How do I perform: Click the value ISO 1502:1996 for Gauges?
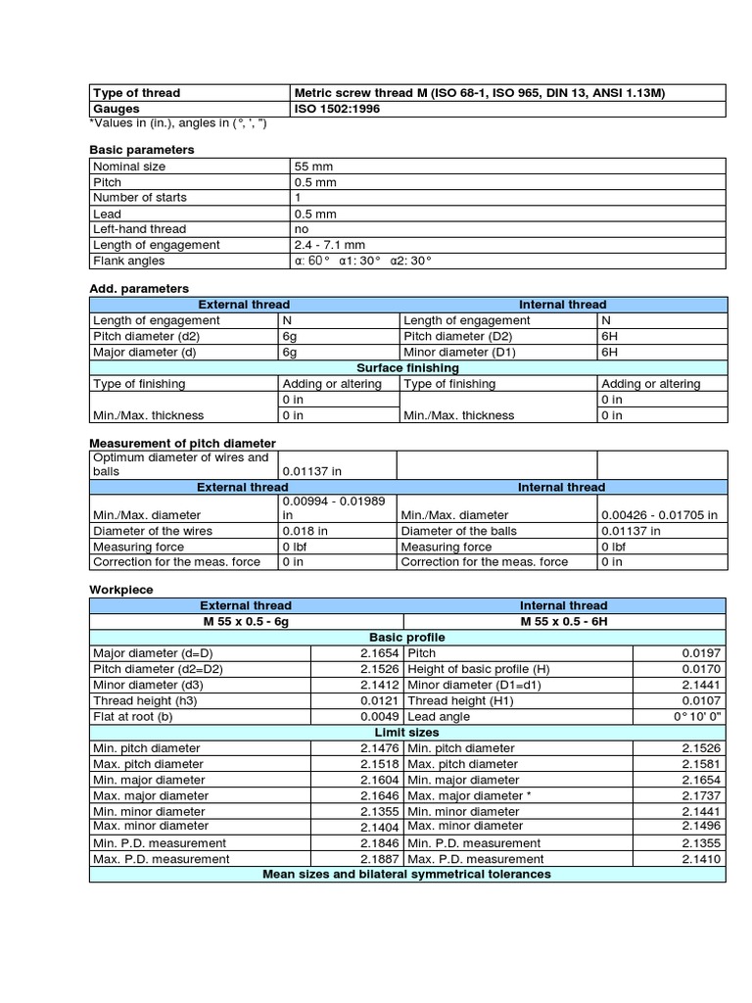point(337,109)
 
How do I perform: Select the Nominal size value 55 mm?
point(314,167)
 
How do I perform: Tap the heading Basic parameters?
point(141,149)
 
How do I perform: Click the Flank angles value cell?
point(362,261)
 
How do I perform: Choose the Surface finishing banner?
point(407,367)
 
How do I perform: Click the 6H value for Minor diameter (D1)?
point(609,352)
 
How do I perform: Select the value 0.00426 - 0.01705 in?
point(659,515)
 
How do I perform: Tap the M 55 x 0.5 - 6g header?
point(246,621)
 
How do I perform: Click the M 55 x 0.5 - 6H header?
point(563,621)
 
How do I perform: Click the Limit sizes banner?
point(407,732)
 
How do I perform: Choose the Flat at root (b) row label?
point(134,716)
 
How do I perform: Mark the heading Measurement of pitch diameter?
point(182,443)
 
